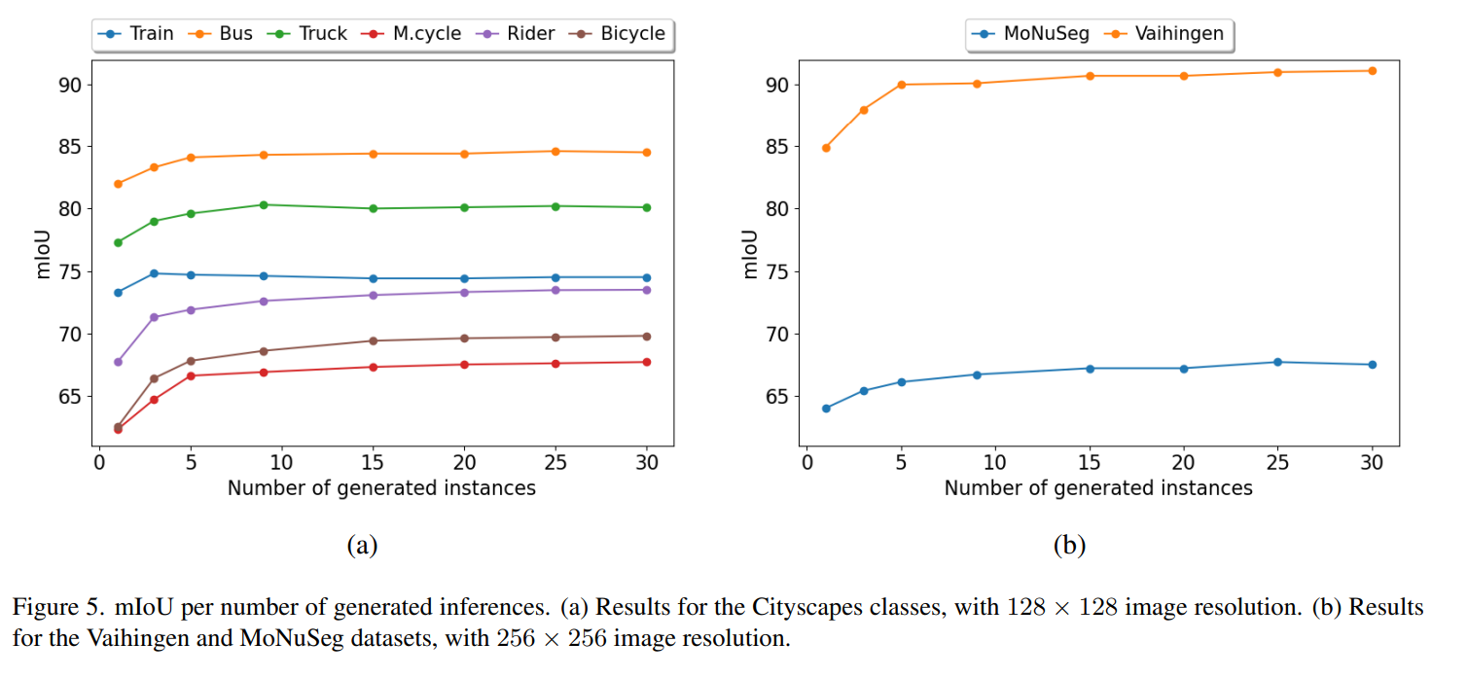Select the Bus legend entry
(221, 34)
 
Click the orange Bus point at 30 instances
(646, 153)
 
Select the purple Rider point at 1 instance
(119, 362)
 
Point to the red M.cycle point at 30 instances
(646, 362)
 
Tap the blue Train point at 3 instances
(154, 273)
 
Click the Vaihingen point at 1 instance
(826, 148)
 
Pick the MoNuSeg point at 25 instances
(1277, 362)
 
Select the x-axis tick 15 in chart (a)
(373, 463)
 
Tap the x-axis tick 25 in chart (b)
(1277, 463)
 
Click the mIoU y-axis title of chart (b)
(750, 254)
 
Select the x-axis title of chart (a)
(381, 488)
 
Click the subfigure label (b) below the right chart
(1068, 546)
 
